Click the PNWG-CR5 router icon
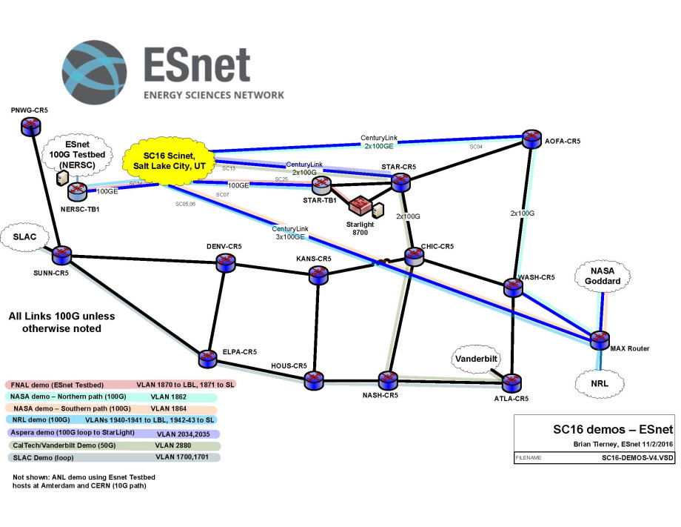(x=30, y=126)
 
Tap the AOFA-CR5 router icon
(x=531, y=139)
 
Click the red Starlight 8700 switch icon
(x=360, y=204)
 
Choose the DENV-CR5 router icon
(x=224, y=262)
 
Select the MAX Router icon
(x=600, y=339)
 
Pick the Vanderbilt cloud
(x=479, y=359)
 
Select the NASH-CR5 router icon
(x=387, y=380)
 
